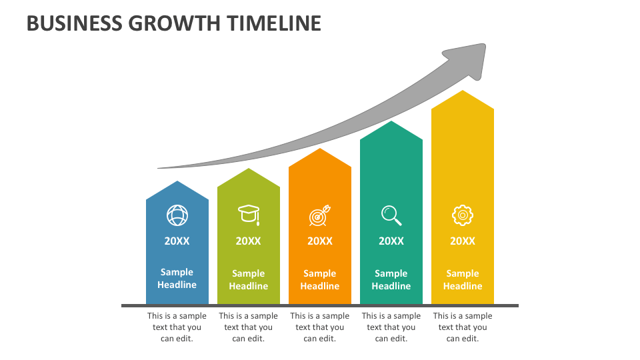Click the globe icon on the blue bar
click(177, 215)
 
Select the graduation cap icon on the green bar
click(249, 214)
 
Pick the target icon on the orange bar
click(320, 215)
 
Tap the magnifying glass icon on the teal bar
click(391, 215)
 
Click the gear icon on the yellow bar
click(463, 215)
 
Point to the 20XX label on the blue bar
click(177, 241)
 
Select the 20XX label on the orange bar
click(320, 241)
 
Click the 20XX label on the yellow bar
click(463, 241)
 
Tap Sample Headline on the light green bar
click(249, 279)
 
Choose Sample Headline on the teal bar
click(391, 279)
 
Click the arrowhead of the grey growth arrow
click(469, 58)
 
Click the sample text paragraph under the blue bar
click(177, 327)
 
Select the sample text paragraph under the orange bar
click(320, 327)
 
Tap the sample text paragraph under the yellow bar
click(463, 327)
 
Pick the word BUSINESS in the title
click(73, 23)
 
